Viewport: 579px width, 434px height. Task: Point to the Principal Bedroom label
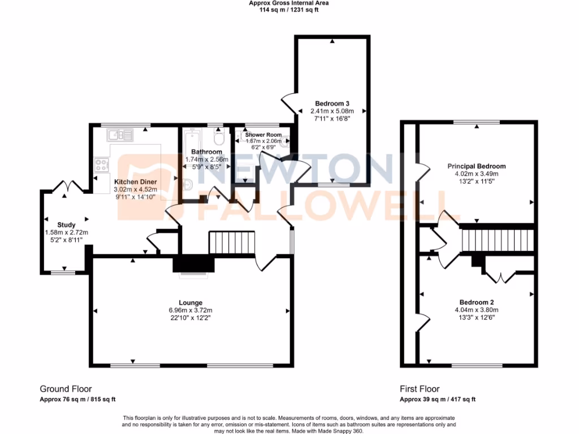tap(476, 166)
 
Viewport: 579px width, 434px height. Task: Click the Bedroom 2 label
tap(476, 302)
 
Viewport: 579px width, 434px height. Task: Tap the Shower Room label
tap(263, 134)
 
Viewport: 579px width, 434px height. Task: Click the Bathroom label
tap(206, 152)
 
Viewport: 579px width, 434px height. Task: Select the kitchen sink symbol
tap(120, 134)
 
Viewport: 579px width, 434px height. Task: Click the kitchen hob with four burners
tap(102, 165)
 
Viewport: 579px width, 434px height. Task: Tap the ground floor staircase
tap(232, 242)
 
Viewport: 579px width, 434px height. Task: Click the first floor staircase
tap(497, 240)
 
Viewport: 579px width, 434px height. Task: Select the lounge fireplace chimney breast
tap(194, 264)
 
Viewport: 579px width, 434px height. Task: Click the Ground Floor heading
tap(66, 389)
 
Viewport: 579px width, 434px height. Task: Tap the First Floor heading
tap(420, 389)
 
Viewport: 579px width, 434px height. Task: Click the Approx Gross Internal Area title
tap(289, 3)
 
